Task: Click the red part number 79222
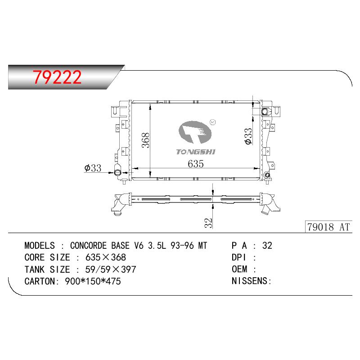(57, 77)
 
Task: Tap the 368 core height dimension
(145, 140)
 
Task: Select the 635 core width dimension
(196, 164)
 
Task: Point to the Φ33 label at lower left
(93, 168)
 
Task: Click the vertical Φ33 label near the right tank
(248, 136)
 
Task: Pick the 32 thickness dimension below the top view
(208, 223)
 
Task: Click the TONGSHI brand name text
(196, 152)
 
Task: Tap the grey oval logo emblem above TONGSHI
(195, 132)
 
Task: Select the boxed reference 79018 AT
(328, 227)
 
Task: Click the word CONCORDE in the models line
(88, 246)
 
